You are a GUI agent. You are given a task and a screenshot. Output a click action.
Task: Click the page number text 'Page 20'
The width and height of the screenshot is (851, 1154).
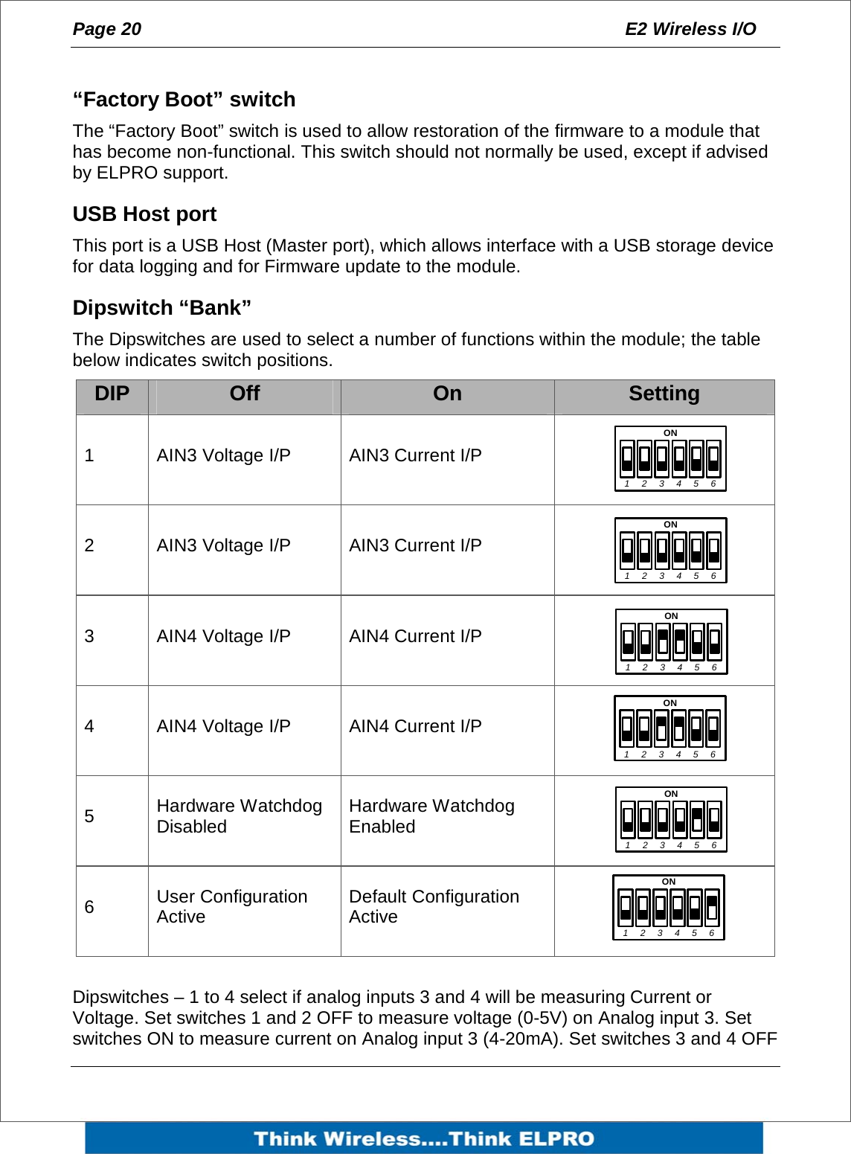click(x=106, y=29)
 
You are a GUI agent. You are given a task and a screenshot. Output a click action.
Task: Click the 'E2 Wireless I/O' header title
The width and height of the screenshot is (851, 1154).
click(x=690, y=29)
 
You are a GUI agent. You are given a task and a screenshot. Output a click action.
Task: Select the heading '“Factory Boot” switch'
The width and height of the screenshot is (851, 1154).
click(x=184, y=99)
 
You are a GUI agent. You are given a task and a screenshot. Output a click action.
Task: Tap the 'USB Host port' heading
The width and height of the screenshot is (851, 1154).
click(x=144, y=214)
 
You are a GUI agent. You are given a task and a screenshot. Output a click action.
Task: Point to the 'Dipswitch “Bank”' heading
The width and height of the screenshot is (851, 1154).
click(x=161, y=308)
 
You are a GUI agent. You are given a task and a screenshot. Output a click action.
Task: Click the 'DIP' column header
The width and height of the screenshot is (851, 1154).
click(x=112, y=394)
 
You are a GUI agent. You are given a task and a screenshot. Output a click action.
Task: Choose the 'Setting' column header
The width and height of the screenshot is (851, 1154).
click(x=664, y=394)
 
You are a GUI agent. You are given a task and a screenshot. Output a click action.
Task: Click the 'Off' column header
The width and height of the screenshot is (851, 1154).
click(x=244, y=394)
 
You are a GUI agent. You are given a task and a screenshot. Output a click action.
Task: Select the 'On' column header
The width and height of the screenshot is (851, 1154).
click(x=447, y=394)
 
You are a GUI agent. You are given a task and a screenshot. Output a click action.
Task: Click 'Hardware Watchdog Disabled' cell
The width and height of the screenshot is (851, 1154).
click(x=239, y=816)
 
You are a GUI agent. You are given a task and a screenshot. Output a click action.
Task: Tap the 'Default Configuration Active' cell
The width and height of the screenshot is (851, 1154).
click(x=434, y=906)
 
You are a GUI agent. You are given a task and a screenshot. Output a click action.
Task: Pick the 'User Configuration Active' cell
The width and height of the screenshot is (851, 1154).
click(x=231, y=906)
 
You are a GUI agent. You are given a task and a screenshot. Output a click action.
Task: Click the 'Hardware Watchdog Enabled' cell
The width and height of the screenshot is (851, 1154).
click(x=431, y=816)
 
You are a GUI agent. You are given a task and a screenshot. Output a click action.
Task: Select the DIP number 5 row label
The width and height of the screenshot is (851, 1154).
click(x=89, y=817)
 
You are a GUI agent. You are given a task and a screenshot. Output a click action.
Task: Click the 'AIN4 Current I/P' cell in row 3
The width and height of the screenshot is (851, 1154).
click(x=415, y=636)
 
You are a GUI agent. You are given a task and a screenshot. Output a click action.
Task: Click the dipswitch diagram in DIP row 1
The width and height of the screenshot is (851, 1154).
click(x=669, y=459)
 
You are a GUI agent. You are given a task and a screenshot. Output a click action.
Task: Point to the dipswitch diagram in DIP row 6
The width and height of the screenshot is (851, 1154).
click(x=668, y=908)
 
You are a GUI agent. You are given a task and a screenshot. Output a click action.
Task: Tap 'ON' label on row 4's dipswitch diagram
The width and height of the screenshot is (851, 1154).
click(x=669, y=703)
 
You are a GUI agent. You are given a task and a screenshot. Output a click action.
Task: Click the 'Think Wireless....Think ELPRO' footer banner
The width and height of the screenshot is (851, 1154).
click(x=424, y=1138)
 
